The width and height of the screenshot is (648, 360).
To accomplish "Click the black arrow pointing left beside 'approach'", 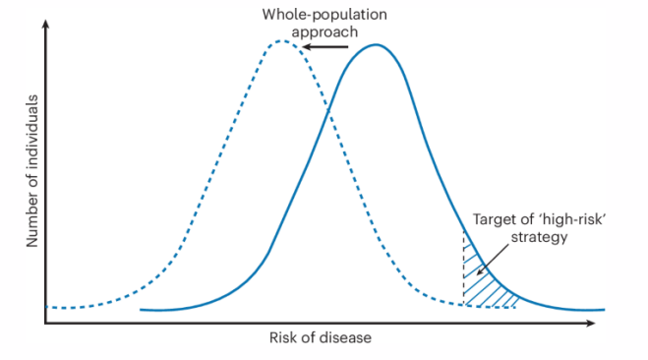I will point(324,45).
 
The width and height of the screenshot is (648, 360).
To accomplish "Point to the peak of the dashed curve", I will point(282,41).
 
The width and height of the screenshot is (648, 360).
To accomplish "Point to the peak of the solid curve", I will point(376,45).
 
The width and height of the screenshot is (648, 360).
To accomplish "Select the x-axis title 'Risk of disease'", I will point(320,339).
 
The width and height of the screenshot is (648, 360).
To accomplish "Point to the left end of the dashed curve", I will point(48,307).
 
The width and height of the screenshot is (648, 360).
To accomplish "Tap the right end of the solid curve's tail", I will point(601,310).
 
